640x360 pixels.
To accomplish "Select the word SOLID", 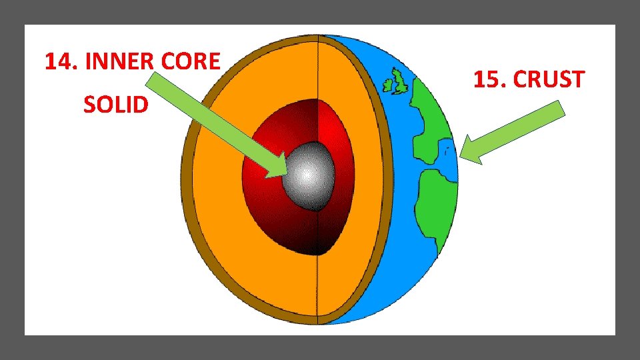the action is pyautogui.click(x=116, y=105).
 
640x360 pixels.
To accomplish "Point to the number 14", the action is pyautogui.click(x=59, y=62).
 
